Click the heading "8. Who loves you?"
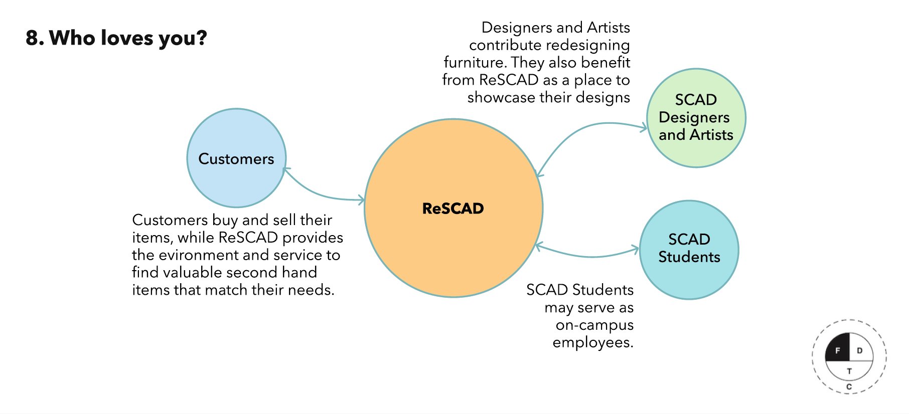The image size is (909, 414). click(x=116, y=38)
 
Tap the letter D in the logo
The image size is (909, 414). click(x=860, y=350)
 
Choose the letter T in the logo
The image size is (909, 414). click(x=849, y=371)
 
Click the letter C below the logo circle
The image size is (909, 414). click(x=849, y=387)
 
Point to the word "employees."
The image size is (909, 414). click(x=593, y=343)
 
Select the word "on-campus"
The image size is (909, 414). click(x=594, y=325)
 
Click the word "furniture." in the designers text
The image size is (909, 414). click(x=475, y=63)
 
